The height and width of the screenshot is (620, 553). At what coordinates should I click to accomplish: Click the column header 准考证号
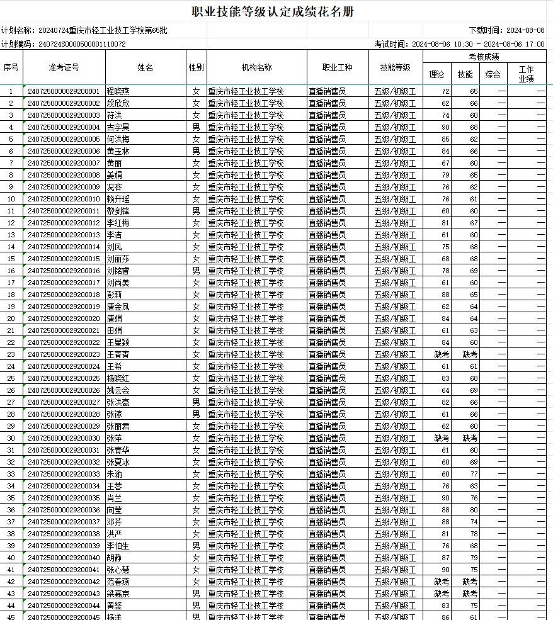coord(64,68)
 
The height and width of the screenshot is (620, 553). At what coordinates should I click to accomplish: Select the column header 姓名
coord(145,68)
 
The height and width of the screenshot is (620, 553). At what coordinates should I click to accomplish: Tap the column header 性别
coord(196,68)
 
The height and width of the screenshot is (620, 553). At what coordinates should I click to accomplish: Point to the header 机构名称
coord(256,68)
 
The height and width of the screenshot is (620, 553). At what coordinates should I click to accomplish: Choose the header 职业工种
coord(338,68)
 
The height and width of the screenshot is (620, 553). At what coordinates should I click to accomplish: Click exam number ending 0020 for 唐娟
coord(64,318)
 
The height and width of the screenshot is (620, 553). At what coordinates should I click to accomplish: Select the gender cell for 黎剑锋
coord(196,211)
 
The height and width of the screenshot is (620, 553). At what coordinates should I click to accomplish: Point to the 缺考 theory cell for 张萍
coord(442,438)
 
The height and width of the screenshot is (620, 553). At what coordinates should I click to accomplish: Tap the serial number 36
coord(11,510)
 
